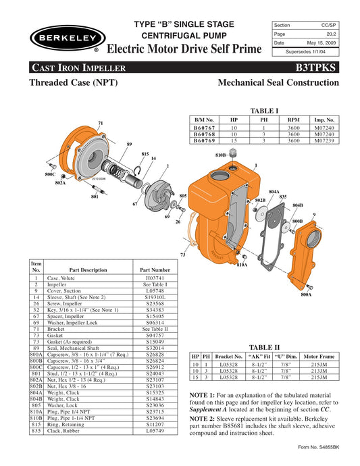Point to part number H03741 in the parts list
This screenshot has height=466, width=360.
(x=155, y=278)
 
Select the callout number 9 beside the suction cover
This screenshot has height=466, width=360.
(x=314, y=214)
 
